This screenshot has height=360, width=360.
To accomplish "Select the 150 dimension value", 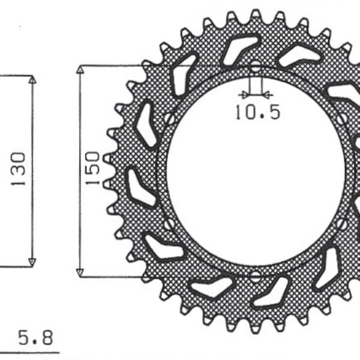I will (x=92, y=169).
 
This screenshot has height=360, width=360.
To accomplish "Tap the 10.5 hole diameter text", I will (x=257, y=112).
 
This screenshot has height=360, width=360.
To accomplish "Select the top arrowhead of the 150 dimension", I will (x=80, y=70).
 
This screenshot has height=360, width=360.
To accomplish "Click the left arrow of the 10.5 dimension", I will (x=243, y=94).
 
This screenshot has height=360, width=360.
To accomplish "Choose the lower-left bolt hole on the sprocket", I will (x=168, y=225).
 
